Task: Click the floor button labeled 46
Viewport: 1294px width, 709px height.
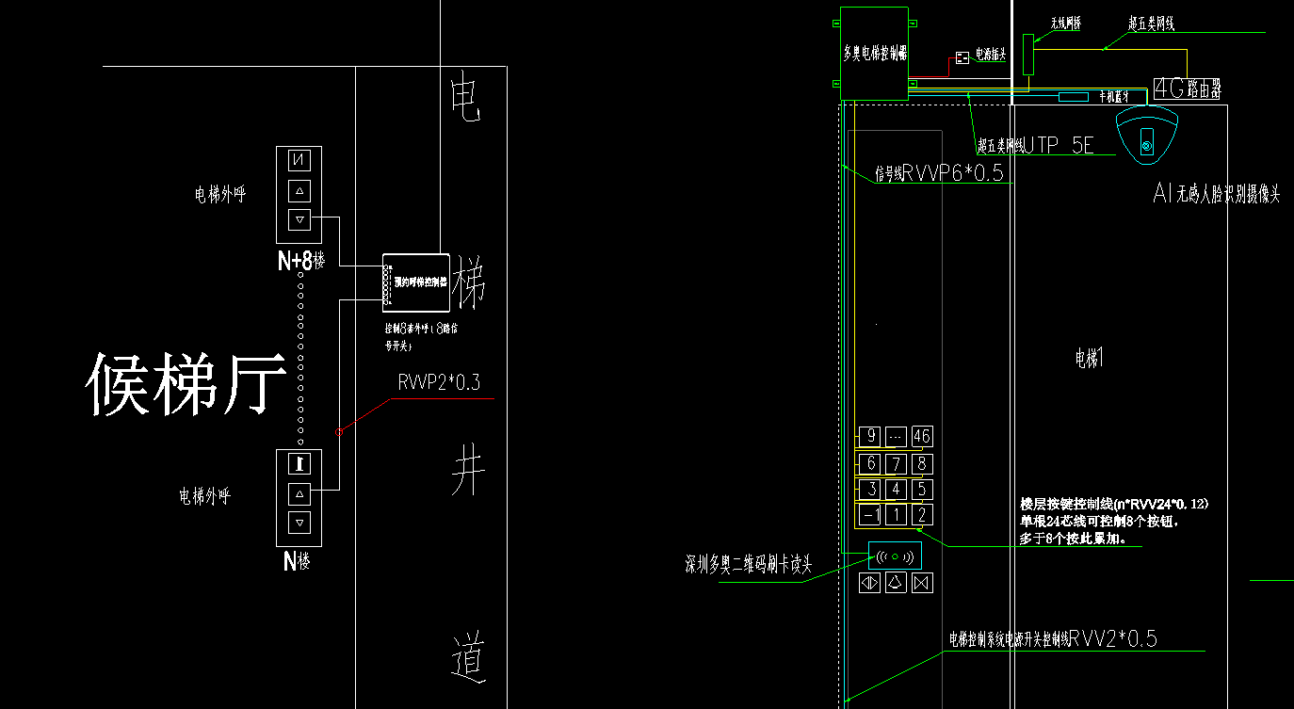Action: pos(922,436)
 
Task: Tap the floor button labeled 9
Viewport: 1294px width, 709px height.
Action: pos(871,436)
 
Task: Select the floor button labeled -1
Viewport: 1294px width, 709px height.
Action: pos(871,514)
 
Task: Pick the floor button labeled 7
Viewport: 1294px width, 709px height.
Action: pos(897,463)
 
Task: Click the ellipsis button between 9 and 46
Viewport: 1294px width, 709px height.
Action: pos(897,436)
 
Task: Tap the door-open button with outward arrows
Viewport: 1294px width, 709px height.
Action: pos(869,583)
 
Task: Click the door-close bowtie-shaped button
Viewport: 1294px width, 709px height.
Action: pos(921,583)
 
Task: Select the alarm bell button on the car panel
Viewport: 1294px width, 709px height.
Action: pos(896,583)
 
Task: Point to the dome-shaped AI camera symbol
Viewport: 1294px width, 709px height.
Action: pos(1146,136)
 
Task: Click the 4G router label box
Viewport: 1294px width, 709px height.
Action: pos(1189,89)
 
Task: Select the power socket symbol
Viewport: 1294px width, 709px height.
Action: pos(962,57)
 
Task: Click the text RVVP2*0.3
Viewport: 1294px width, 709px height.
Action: pos(439,383)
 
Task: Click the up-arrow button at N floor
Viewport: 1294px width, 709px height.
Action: pos(299,492)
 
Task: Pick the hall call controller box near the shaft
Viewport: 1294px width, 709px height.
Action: pos(416,282)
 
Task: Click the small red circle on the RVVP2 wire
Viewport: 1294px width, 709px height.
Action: pos(338,432)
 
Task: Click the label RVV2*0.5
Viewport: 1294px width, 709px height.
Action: pos(1113,639)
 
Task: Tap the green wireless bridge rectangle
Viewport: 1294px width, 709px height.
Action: pos(1028,54)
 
